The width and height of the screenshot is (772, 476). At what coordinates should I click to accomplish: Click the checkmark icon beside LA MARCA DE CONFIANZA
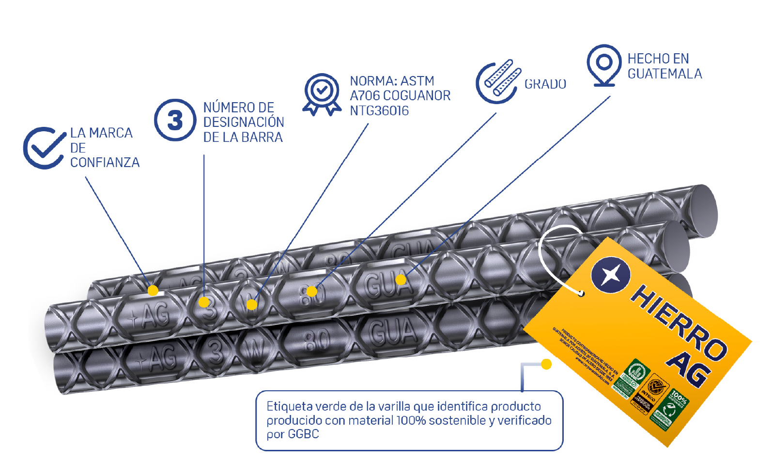[x=44, y=148]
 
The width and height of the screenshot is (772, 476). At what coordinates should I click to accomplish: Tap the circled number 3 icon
[x=175, y=120]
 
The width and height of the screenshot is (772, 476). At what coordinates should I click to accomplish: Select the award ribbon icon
[x=322, y=94]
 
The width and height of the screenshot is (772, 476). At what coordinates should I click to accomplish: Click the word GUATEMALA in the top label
[x=664, y=74]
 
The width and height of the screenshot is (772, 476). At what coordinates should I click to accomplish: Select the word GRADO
[x=545, y=84]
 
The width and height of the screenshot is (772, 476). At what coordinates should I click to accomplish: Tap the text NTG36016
[x=379, y=111]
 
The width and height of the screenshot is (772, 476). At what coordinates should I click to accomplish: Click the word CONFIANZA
[x=105, y=163]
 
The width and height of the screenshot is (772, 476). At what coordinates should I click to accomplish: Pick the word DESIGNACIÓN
[x=244, y=122]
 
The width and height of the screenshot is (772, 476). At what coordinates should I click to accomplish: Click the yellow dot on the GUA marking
[x=401, y=279]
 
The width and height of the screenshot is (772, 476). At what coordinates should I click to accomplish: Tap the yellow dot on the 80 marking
[x=312, y=292]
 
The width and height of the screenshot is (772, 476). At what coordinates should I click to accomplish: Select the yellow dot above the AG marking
[x=153, y=291]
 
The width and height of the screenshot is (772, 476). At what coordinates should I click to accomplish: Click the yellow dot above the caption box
[x=546, y=364]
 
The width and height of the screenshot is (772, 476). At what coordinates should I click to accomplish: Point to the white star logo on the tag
[x=611, y=275]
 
